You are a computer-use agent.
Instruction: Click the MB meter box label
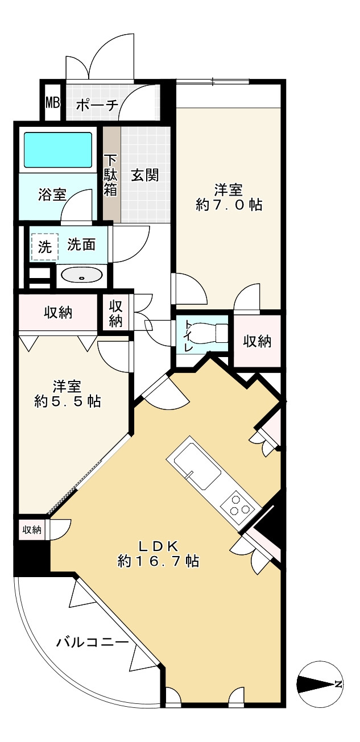tap(52, 103)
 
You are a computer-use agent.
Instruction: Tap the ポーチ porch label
tap(97, 105)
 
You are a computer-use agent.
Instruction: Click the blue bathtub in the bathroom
tap(58, 150)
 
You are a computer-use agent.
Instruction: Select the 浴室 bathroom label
tap(52, 195)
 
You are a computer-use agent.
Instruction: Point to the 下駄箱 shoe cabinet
tap(111, 175)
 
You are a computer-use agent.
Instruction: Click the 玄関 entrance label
tap(145, 175)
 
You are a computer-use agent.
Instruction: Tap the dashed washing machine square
tap(45, 247)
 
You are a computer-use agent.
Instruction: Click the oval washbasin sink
tap(82, 276)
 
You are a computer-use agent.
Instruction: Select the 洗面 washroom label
tap(81, 244)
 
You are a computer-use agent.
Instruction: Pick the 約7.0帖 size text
tap(229, 205)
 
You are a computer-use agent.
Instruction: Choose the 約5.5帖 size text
tap(68, 401)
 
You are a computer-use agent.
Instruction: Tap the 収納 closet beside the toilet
tap(257, 341)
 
